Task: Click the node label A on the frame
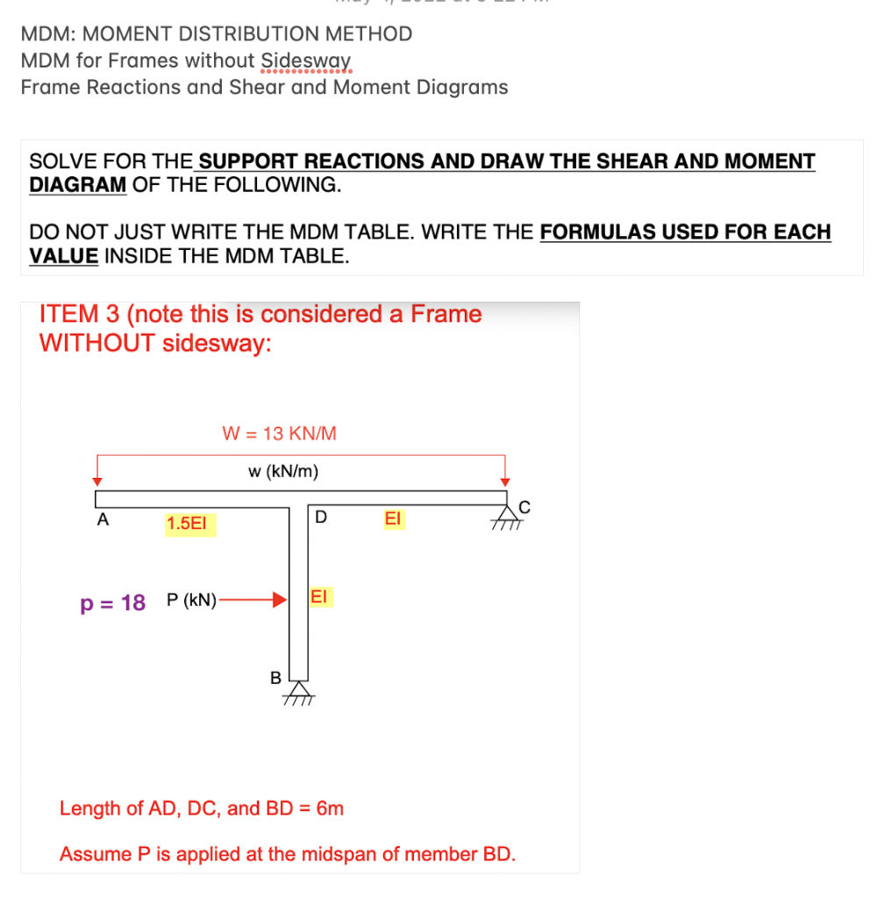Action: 103,519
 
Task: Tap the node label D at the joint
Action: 321,517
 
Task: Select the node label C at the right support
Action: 524,505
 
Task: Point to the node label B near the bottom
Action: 275,678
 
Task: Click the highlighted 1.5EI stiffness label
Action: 190,524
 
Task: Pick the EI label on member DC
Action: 392,519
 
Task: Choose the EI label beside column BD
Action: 318,597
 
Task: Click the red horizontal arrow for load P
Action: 254,601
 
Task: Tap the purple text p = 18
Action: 112,602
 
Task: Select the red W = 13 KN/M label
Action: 279,432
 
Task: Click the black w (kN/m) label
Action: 283,472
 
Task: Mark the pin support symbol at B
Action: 299,691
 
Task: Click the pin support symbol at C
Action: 507,515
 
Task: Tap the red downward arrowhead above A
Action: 98,481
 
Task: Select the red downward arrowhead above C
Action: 504,481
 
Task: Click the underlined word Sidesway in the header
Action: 306,61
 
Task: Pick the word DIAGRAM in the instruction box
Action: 78,185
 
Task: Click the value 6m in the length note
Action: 329,808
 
